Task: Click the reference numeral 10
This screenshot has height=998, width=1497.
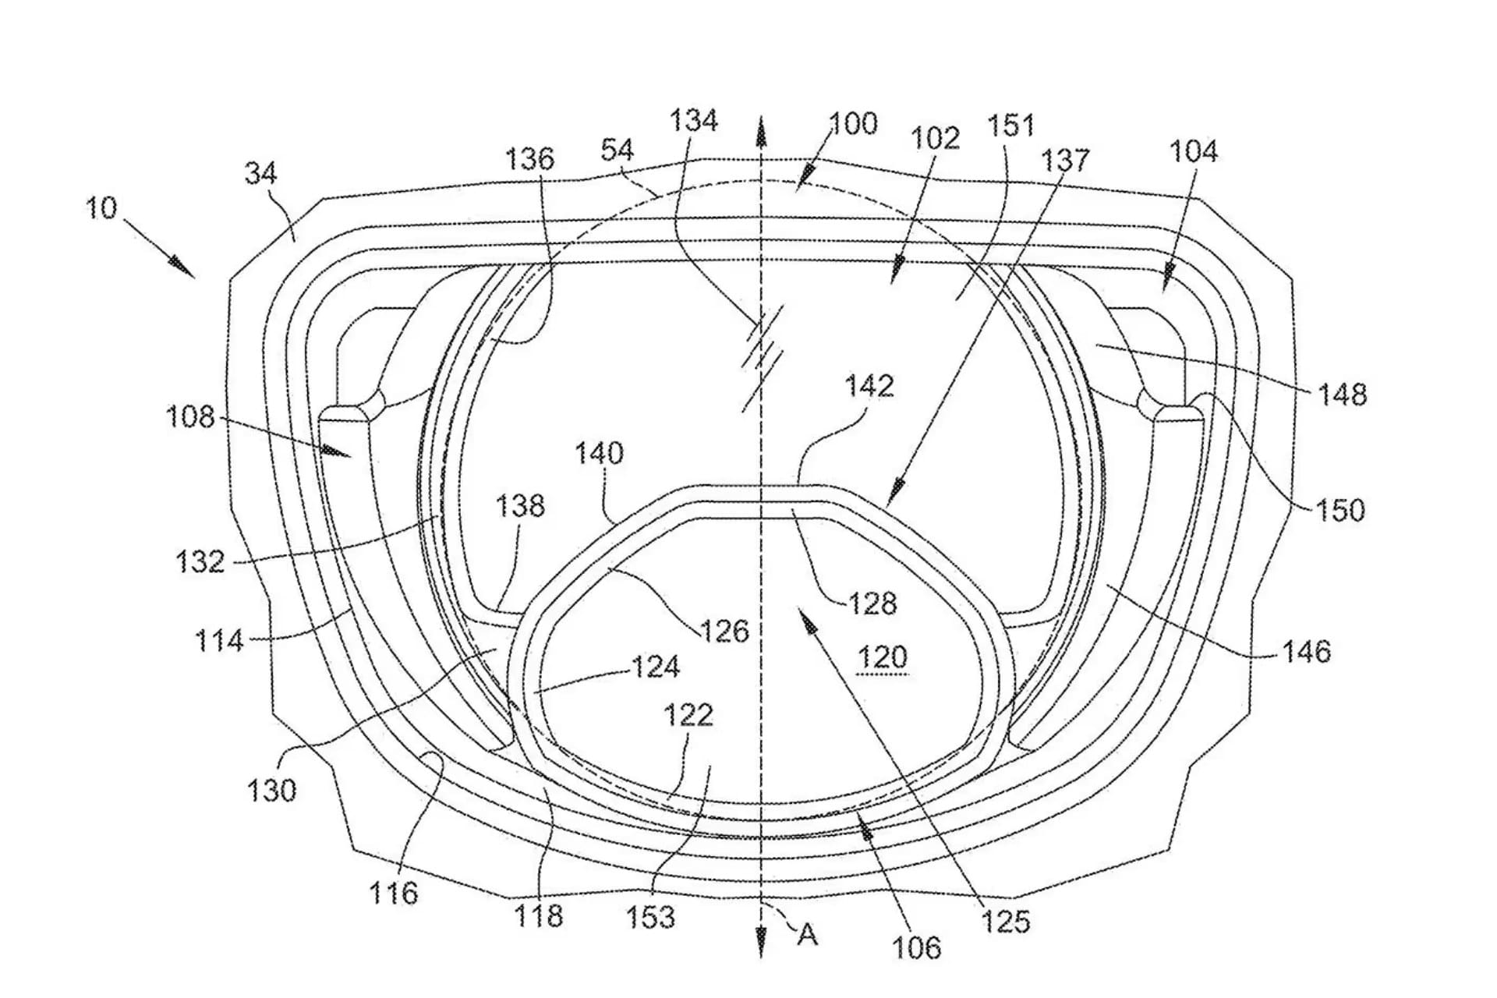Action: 101,208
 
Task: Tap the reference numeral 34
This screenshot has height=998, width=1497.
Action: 260,172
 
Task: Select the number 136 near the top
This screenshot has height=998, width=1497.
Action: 529,159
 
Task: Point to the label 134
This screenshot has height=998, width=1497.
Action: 694,121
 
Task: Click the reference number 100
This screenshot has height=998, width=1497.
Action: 853,124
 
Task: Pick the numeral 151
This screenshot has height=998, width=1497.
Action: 1010,126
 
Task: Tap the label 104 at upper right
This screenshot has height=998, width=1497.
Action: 1193,151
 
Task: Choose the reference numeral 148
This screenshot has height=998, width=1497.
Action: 1343,395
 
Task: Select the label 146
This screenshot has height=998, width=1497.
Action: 1307,651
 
